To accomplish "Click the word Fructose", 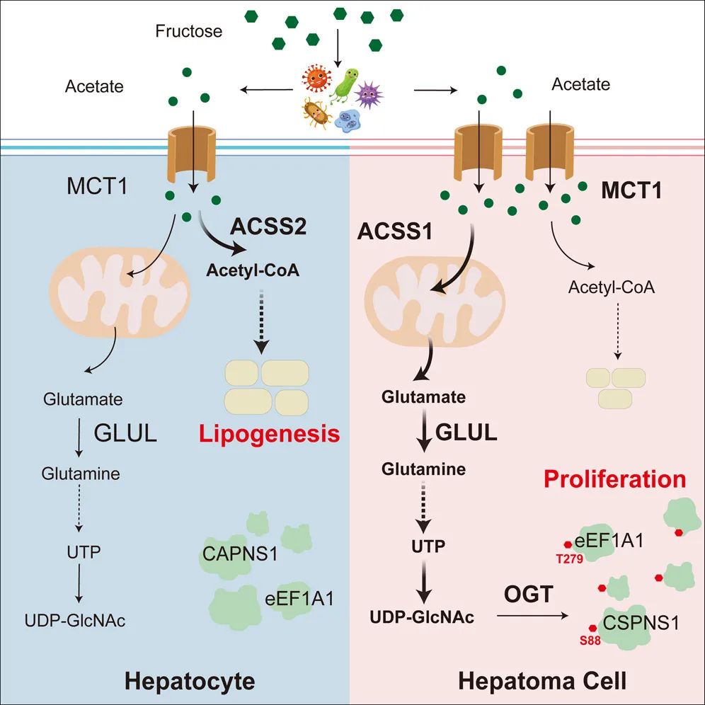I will [189, 31].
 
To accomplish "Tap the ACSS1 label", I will [394, 232].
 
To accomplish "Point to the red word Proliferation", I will [614, 479].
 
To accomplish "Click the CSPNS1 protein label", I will [641, 624].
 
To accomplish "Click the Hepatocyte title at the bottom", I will [190, 681].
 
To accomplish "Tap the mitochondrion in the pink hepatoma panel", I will [433, 297].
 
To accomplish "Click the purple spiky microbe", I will [367, 93].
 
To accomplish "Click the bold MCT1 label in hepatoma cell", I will [631, 191].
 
